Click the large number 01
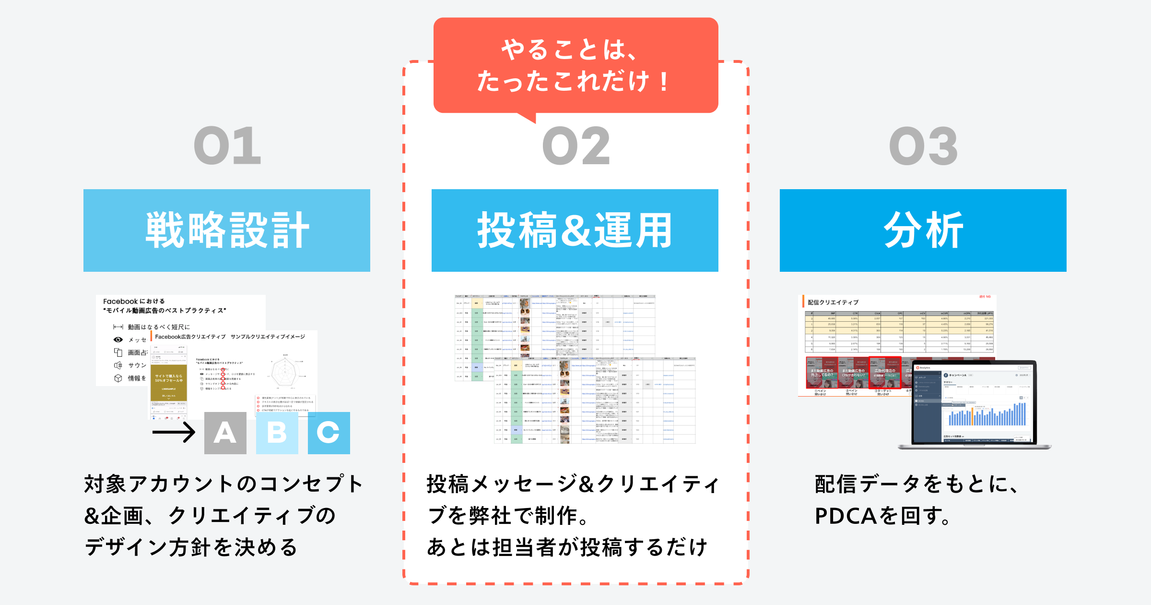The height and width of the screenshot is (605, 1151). (x=227, y=146)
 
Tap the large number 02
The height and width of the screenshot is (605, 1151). (x=575, y=146)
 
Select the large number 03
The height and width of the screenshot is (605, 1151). (x=923, y=146)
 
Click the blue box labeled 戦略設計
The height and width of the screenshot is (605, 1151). (x=227, y=230)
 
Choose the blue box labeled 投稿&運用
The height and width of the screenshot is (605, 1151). (x=575, y=230)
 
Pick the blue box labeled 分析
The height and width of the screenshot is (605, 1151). (x=923, y=230)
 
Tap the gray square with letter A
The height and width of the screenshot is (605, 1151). (x=225, y=433)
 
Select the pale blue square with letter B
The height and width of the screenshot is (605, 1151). (x=277, y=433)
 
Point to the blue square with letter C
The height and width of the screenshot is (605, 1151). (x=329, y=433)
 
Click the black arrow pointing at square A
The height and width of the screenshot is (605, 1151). (x=174, y=432)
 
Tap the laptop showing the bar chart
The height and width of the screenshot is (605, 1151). (x=974, y=406)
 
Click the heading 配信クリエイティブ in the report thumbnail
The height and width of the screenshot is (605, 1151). (x=833, y=302)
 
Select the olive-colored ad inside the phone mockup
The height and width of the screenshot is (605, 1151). (x=169, y=383)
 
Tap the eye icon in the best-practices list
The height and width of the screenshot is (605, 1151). (x=118, y=339)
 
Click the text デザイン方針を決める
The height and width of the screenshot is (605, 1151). (x=191, y=547)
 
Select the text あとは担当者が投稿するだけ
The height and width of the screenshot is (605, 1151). (x=567, y=547)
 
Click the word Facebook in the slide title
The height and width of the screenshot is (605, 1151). (x=120, y=302)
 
